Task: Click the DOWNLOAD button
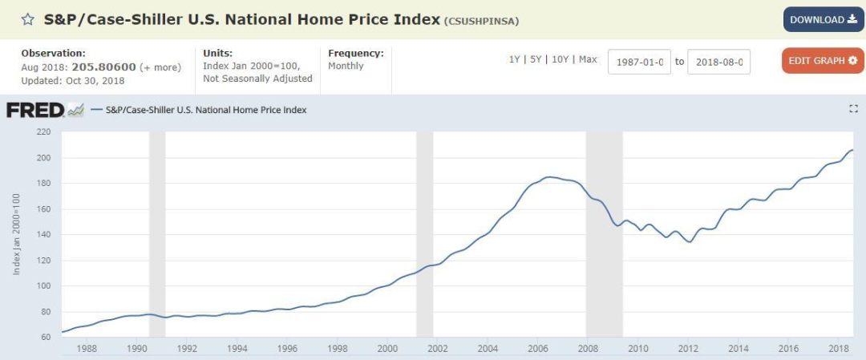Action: [823, 20]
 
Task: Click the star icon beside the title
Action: [27, 19]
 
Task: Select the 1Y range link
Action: [514, 59]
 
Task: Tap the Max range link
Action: [588, 59]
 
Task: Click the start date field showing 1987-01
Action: [639, 63]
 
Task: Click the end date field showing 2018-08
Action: [719, 63]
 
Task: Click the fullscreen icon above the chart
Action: [853, 109]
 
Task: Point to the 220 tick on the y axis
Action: [43, 132]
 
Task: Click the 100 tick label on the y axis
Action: [43, 286]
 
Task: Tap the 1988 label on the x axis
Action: [87, 349]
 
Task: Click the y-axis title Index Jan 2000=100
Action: [17, 234]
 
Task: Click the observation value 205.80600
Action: [104, 67]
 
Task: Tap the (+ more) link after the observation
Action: [160, 67]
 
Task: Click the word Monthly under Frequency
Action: [346, 66]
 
